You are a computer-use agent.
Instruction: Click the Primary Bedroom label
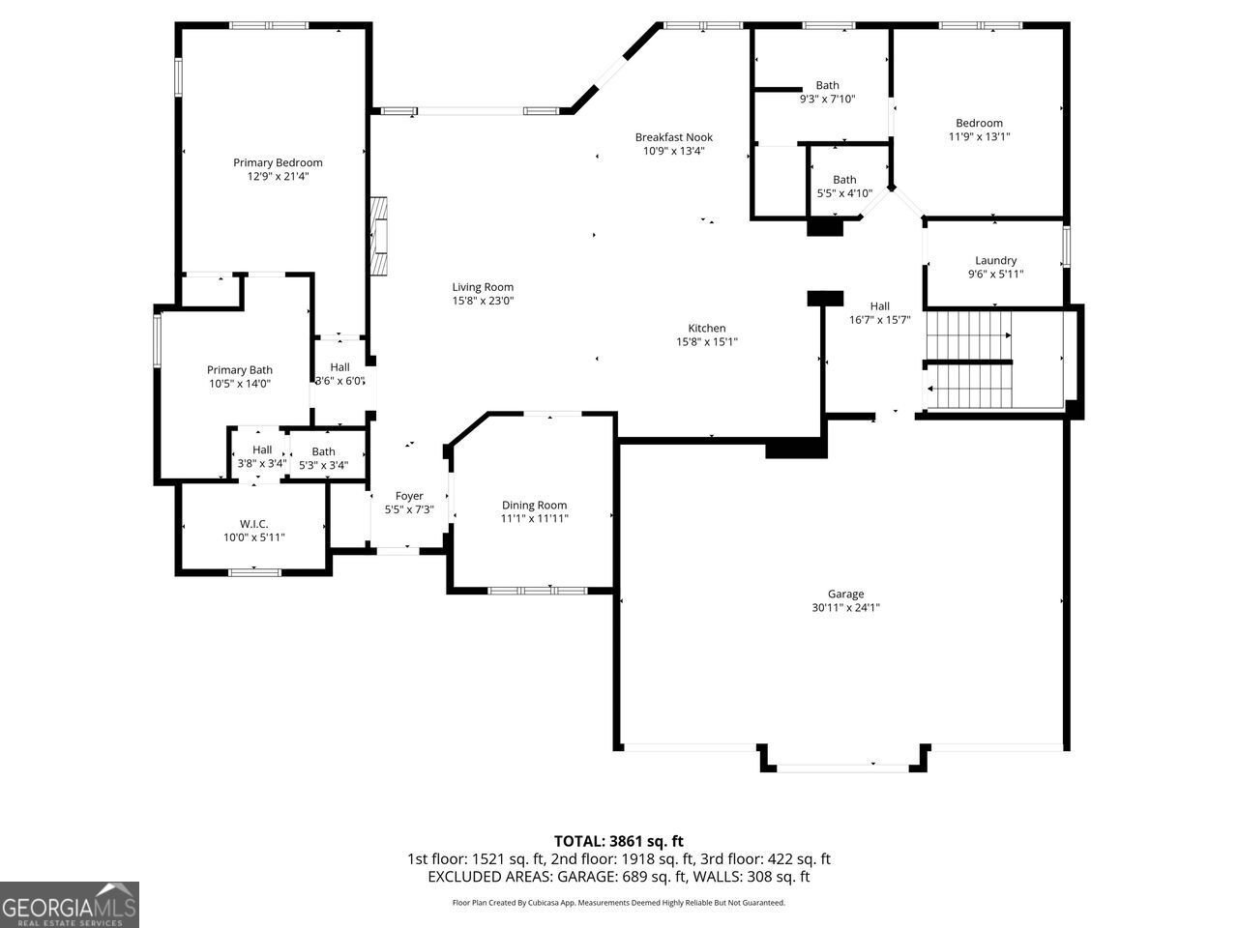coord(278,162)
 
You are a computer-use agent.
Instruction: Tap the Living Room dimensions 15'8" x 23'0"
coord(483,301)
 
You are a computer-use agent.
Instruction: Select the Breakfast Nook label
coord(673,137)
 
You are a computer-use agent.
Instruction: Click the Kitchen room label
coord(706,329)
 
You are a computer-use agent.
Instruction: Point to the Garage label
coord(845,594)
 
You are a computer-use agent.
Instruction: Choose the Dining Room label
coord(534,506)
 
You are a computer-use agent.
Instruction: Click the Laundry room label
coord(995,261)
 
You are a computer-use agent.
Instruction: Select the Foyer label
coord(409,497)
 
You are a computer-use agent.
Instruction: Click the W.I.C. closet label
coord(253,524)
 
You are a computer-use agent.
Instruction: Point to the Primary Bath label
coord(240,370)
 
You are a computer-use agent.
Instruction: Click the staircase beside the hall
coord(969,360)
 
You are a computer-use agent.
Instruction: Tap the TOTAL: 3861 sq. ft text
coord(618,841)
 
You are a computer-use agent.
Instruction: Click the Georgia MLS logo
coord(70,905)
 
